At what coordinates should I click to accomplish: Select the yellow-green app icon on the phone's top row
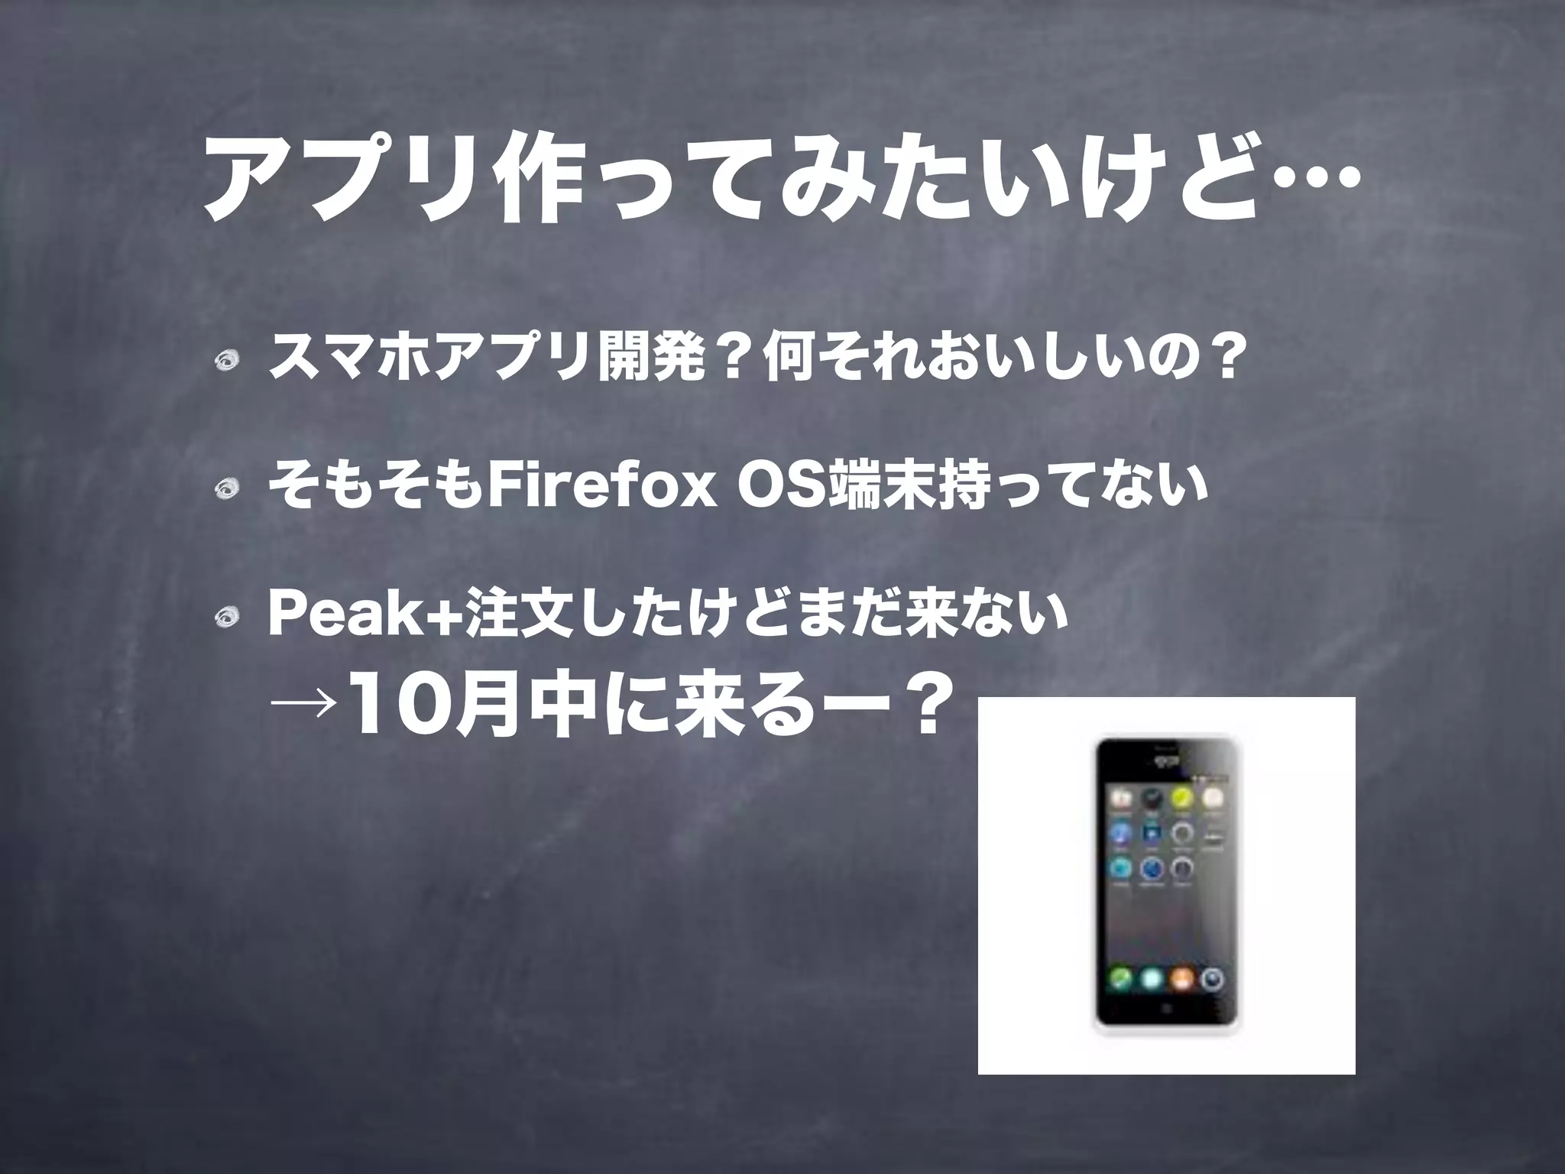pyautogui.click(x=1181, y=799)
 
